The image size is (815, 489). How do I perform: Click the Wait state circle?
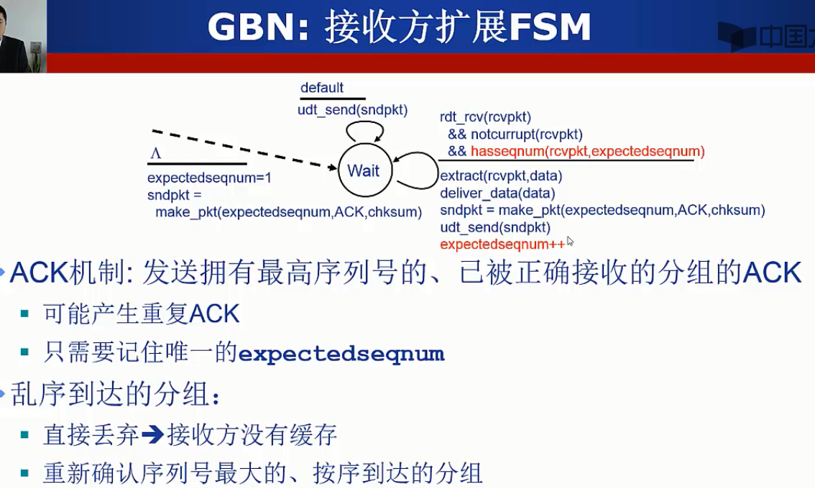pos(363,170)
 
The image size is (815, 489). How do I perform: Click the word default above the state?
pos(322,88)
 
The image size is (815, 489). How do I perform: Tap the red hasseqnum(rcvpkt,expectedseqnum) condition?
pos(587,151)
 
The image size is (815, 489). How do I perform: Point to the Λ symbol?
pos(155,153)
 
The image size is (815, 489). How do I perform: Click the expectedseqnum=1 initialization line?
pos(209,178)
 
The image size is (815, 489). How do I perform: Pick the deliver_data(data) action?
pos(497,193)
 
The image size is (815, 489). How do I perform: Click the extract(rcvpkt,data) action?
pos(500,175)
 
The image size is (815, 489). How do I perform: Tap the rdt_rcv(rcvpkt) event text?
pos(485,117)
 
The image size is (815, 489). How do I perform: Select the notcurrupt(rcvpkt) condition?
pos(526,134)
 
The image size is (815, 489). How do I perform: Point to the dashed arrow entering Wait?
pos(244,150)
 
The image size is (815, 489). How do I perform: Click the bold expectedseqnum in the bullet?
pos(341,354)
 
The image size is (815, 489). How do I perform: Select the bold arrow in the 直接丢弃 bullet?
pos(152,434)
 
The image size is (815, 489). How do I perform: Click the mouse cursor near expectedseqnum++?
pos(570,242)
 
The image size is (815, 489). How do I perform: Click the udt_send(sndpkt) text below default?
pos(352,110)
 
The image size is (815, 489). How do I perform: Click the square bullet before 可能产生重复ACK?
pos(25,314)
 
